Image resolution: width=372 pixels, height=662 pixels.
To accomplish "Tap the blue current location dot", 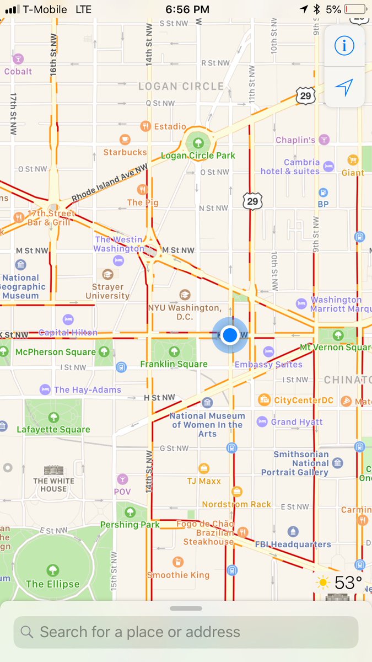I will pyautogui.click(x=230, y=334).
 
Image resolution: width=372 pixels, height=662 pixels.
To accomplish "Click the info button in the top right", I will pyautogui.click(x=344, y=46).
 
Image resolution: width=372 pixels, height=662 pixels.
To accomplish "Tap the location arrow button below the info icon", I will pyautogui.click(x=344, y=87).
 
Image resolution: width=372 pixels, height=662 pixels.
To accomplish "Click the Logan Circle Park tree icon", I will pyautogui.click(x=198, y=142).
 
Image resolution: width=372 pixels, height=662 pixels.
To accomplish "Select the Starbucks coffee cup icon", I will pyautogui.click(x=125, y=139).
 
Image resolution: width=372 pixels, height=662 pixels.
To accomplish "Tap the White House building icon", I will pyautogui.click(x=53, y=470).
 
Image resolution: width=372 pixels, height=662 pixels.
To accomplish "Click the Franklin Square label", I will pyautogui.click(x=174, y=364).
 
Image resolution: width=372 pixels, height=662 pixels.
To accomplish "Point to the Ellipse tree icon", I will pyautogui.click(x=53, y=570).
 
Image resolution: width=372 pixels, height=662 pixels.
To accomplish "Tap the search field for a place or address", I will pyautogui.click(x=186, y=632).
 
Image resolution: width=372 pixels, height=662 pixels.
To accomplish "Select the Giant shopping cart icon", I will pyautogui.click(x=353, y=161).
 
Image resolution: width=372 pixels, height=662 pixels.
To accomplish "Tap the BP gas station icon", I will pyautogui.click(x=323, y=193).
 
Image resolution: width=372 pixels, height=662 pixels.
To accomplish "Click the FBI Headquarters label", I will pyautogui.click(x=293, y=544).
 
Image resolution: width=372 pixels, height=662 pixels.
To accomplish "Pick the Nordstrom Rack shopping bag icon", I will pyautogui.click(x=237, y=492).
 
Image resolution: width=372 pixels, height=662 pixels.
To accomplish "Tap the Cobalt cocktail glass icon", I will pyautogui.click(x=18, y=59).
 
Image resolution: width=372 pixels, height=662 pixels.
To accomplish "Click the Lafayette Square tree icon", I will pyautogui.click(x=53, y=417).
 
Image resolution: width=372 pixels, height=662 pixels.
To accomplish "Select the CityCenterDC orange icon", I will pyautogui.click(x=265, y=400).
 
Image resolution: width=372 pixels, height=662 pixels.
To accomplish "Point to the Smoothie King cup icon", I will pyautogui.click(x=177, y=562).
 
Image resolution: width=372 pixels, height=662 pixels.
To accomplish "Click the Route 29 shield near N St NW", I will pyautogui.click(x=252, y=201).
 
